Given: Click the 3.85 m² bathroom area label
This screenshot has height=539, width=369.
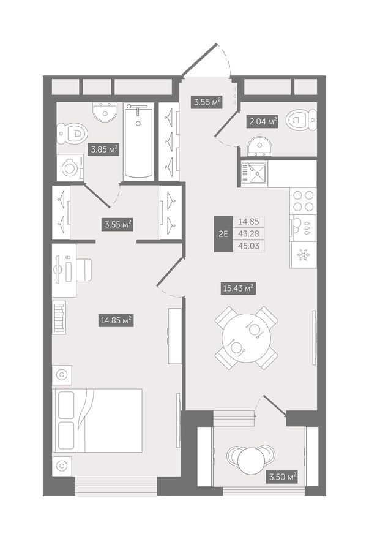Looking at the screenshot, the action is pos(104,149).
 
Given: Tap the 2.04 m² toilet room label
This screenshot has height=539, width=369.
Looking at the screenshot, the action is pos(263,122).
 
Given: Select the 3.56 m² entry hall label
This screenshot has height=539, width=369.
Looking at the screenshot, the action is pos(206,102).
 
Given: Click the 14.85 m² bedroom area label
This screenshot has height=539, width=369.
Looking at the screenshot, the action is pos(116,320).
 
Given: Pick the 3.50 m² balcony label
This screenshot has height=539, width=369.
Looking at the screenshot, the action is pos(281,477).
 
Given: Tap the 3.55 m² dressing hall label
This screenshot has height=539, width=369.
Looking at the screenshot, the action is pos(118,224).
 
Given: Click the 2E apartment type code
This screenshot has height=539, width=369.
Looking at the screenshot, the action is pos(223,234).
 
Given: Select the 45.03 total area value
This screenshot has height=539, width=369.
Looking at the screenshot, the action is pos(250,246).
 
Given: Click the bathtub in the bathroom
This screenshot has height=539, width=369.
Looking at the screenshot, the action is pos(138,141).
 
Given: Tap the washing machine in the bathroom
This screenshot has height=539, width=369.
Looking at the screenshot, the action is pos(70,167).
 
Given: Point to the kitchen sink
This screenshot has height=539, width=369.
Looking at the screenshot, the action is pos(254,173).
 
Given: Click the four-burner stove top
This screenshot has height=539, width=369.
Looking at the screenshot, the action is pos(303,201).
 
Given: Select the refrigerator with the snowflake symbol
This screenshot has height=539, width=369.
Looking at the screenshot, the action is pos(303,255).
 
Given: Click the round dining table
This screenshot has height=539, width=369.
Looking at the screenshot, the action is pos(247,338).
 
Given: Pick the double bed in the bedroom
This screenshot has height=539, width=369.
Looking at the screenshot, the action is pos(97,421).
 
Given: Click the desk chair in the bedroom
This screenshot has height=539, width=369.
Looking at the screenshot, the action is pos(84,270).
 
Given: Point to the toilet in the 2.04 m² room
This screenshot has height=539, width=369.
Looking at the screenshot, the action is pos(302,120).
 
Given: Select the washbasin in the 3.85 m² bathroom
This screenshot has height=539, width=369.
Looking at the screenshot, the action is pos(105,111).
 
